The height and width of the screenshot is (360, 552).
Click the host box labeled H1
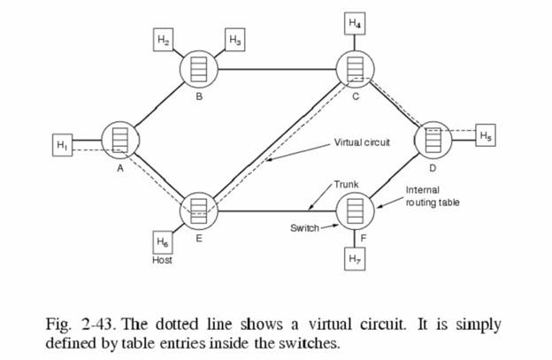tap(62, 145)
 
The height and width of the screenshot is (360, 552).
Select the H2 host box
tap(163, 41)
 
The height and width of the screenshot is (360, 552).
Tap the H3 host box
tap(235, 41)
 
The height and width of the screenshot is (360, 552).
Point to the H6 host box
tap(162, 241)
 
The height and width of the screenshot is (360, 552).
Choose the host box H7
tap(355, 261)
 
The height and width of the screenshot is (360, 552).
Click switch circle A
tap(119, 139)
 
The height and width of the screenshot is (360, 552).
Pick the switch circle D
tap(433, 138)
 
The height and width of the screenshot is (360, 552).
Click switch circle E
tap(198, 209)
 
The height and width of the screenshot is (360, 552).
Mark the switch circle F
tap(355, 212)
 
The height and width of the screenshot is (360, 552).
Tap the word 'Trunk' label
tap(346, 184)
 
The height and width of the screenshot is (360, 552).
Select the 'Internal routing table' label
tap(433, 196)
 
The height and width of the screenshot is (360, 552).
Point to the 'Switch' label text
tap(304, 228)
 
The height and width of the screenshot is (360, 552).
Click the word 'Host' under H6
tap(162, 261)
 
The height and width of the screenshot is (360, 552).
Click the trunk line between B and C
tap(276, 68)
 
